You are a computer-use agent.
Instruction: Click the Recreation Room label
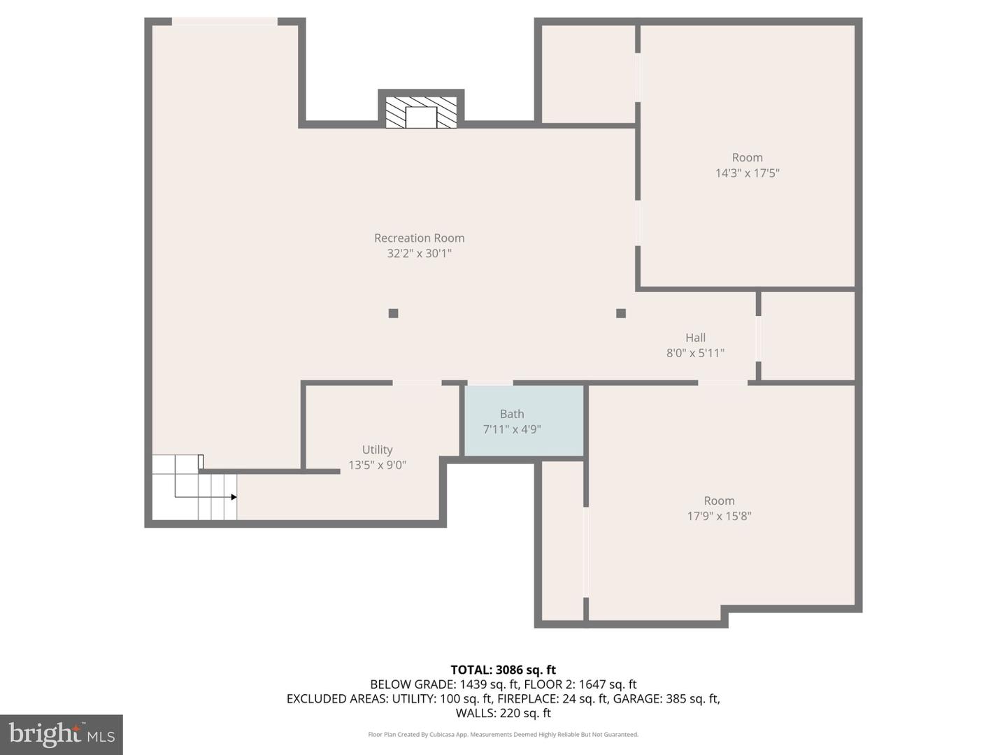(419, 238)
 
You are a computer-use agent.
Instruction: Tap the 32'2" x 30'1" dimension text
(419, 253)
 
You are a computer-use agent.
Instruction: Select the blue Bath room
(524, 440)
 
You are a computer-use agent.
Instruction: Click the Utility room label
(377, 450)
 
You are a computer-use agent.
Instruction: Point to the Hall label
(695, 338)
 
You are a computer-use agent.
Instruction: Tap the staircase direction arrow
(234, 497)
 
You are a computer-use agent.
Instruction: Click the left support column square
(393, 313)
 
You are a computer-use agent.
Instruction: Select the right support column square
(620, 313)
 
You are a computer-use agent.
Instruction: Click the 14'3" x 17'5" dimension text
(747, 173)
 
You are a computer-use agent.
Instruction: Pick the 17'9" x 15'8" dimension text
(719, 516)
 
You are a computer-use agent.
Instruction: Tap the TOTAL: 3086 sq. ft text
(503, 670)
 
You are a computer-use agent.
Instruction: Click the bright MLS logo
(62, 734)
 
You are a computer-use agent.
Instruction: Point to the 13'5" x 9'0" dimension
(377, 465)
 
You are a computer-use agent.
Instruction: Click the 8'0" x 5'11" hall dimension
(695, 353)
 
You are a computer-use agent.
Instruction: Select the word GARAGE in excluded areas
(638, 698)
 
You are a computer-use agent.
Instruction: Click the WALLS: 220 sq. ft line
(503, 713)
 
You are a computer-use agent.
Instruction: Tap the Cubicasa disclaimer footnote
(503, 735)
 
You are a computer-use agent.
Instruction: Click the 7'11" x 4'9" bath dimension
(512, 429)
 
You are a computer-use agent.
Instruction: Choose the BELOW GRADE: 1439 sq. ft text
(444, 684)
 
